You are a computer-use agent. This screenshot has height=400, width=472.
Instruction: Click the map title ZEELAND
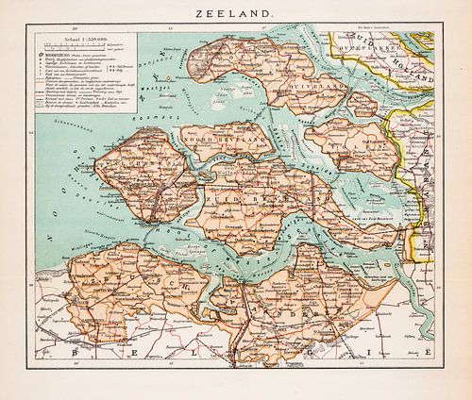(236, 15)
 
